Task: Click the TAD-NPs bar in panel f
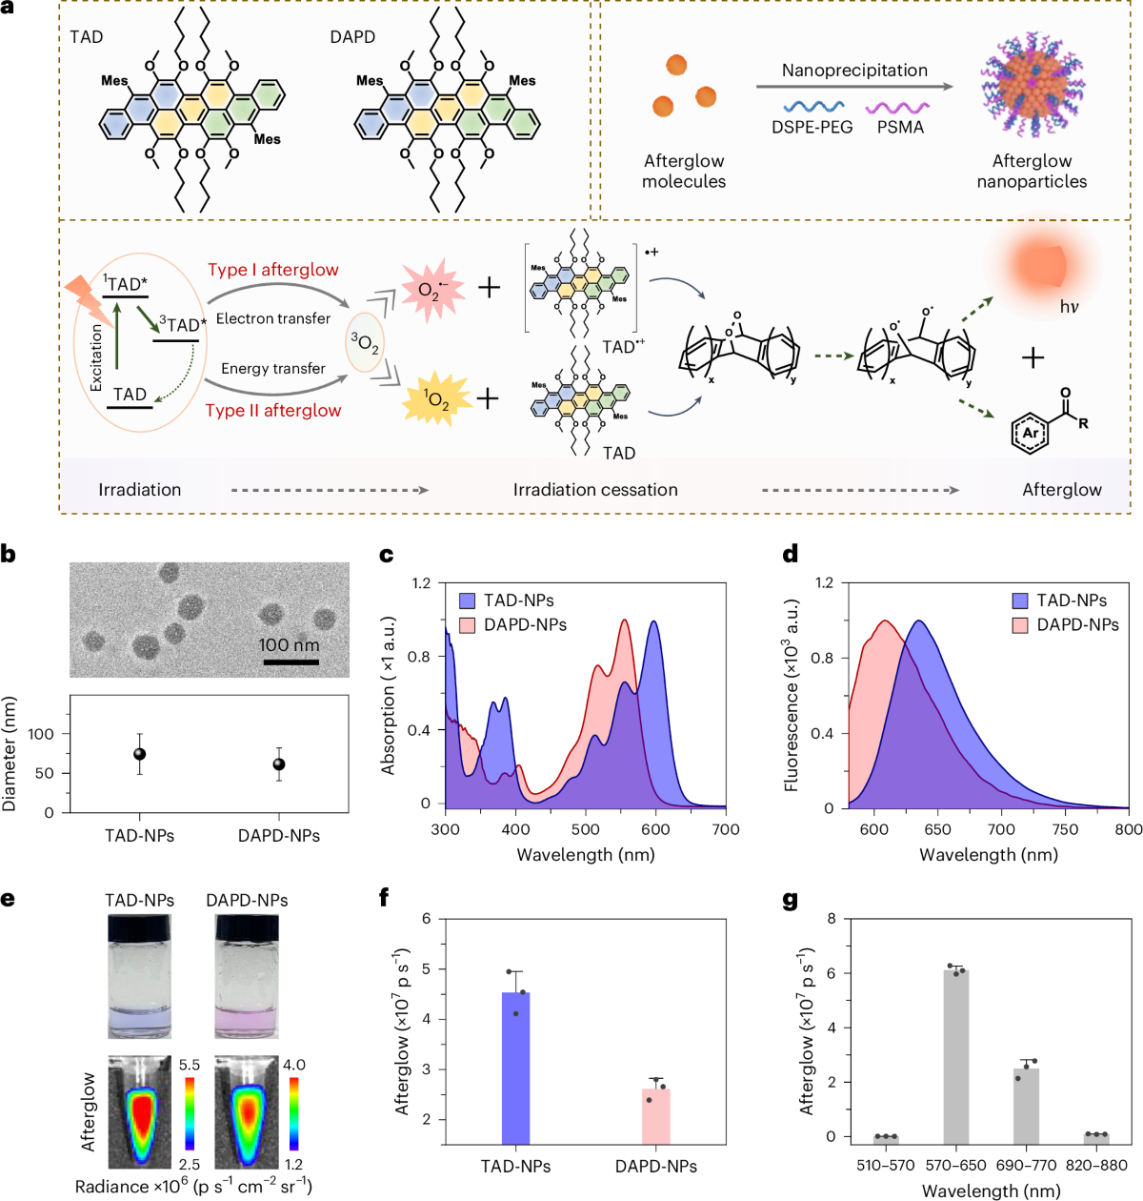(515, 1068)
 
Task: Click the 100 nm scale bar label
(289, 645)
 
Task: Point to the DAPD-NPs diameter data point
(279, 764)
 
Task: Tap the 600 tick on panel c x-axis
(655, 829)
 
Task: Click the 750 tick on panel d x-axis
(1065, 829)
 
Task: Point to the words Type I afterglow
(273, 270)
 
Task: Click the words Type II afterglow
(273, 411)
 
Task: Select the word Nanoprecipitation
(854, 71)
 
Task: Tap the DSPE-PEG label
(812, 127)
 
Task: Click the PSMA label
(900, 127)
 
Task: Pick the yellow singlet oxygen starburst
(436, 398)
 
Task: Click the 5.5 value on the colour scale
(190, 1065)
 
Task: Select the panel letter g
(790, 900)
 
